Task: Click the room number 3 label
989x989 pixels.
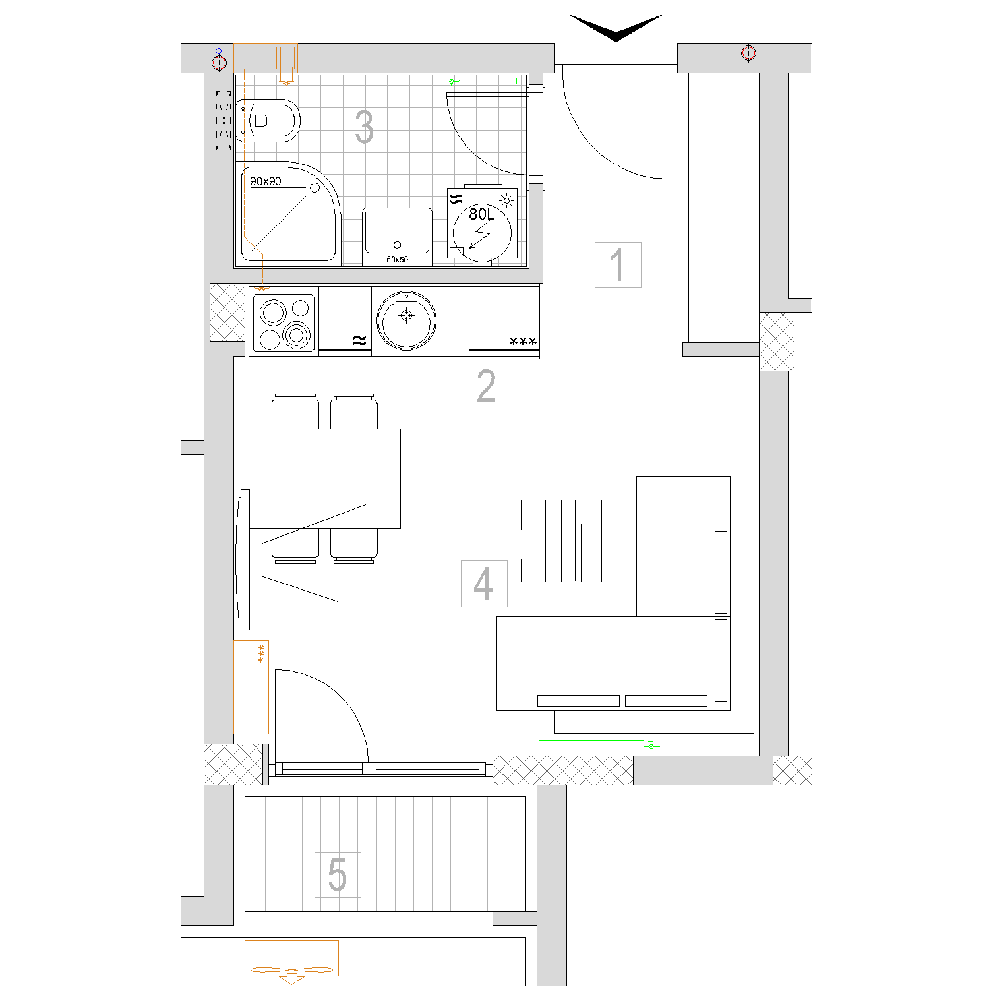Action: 364,127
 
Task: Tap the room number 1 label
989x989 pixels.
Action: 617,264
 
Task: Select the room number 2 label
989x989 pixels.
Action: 487,386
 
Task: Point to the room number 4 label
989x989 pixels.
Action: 483,584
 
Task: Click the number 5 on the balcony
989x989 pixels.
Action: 338,874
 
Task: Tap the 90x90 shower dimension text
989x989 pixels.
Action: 266,181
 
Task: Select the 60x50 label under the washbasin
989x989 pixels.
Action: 397,260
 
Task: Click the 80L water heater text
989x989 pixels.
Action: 481,214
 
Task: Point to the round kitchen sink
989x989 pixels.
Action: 407,321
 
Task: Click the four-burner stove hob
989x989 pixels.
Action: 284,323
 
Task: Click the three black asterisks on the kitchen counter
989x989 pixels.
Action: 524,342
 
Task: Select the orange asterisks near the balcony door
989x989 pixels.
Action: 261,653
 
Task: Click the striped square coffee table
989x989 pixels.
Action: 560,541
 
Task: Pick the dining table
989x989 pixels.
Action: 324,479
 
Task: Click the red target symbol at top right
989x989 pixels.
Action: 748,53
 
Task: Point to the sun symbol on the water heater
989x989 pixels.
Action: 507,200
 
